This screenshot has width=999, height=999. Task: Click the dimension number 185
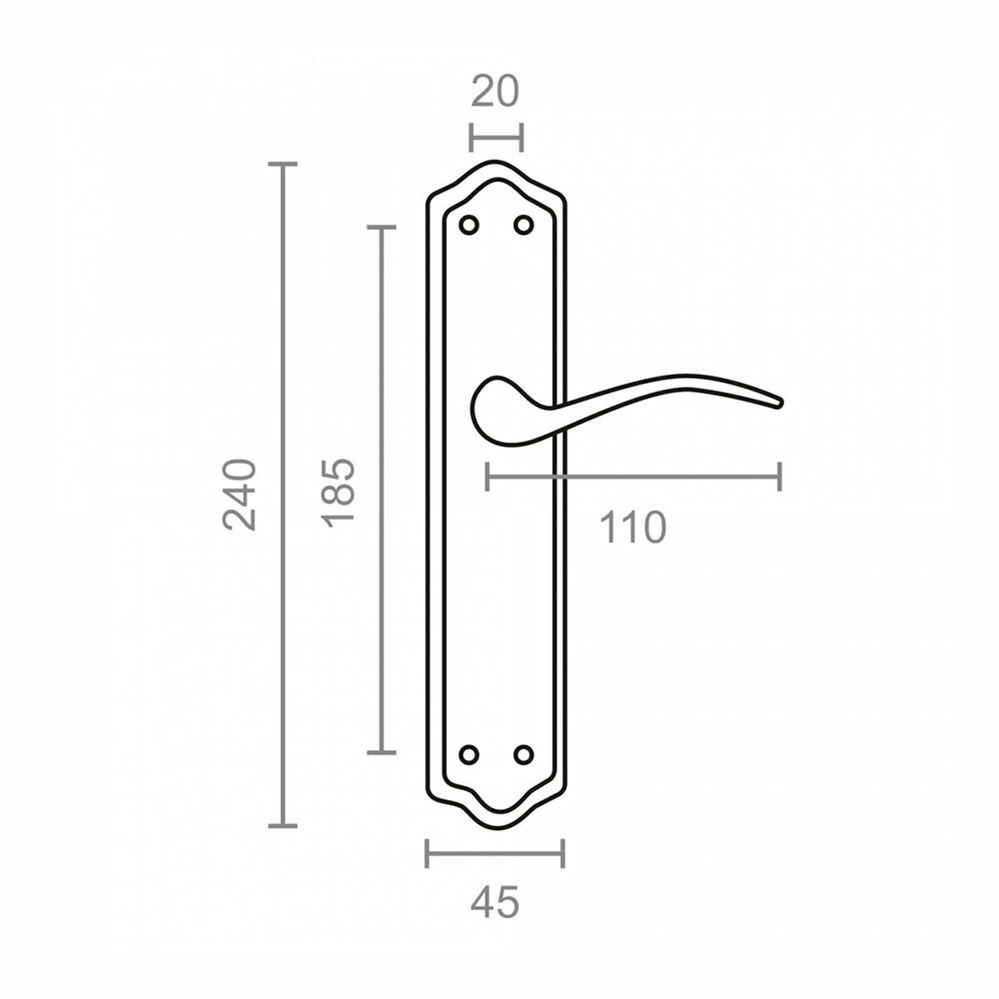tap(340, 490)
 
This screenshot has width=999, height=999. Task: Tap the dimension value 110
tap(633, 528)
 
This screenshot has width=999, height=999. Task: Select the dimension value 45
tap(495, 902)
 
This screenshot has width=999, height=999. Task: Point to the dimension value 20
tap(495, 92)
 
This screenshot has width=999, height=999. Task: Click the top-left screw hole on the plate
tap(470, 225)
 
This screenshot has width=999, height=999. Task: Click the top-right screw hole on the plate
tap(523, 225)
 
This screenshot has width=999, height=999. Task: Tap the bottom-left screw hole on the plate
tap(470, 754)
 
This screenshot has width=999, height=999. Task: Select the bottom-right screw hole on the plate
tap(523, 754)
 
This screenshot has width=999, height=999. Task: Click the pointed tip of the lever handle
tap(780, 404)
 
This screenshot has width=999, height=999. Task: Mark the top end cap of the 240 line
tap(284, 165)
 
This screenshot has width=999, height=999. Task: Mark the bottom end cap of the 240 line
tap(284, 826)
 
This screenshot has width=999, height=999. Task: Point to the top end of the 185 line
tap(381, 226)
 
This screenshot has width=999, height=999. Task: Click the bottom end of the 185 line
tap(381, 753)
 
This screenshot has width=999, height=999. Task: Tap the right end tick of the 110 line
tap(779, 476)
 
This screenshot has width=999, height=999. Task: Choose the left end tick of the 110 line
tap(488, 476)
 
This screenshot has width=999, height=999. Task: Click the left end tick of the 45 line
tap(427, 853)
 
